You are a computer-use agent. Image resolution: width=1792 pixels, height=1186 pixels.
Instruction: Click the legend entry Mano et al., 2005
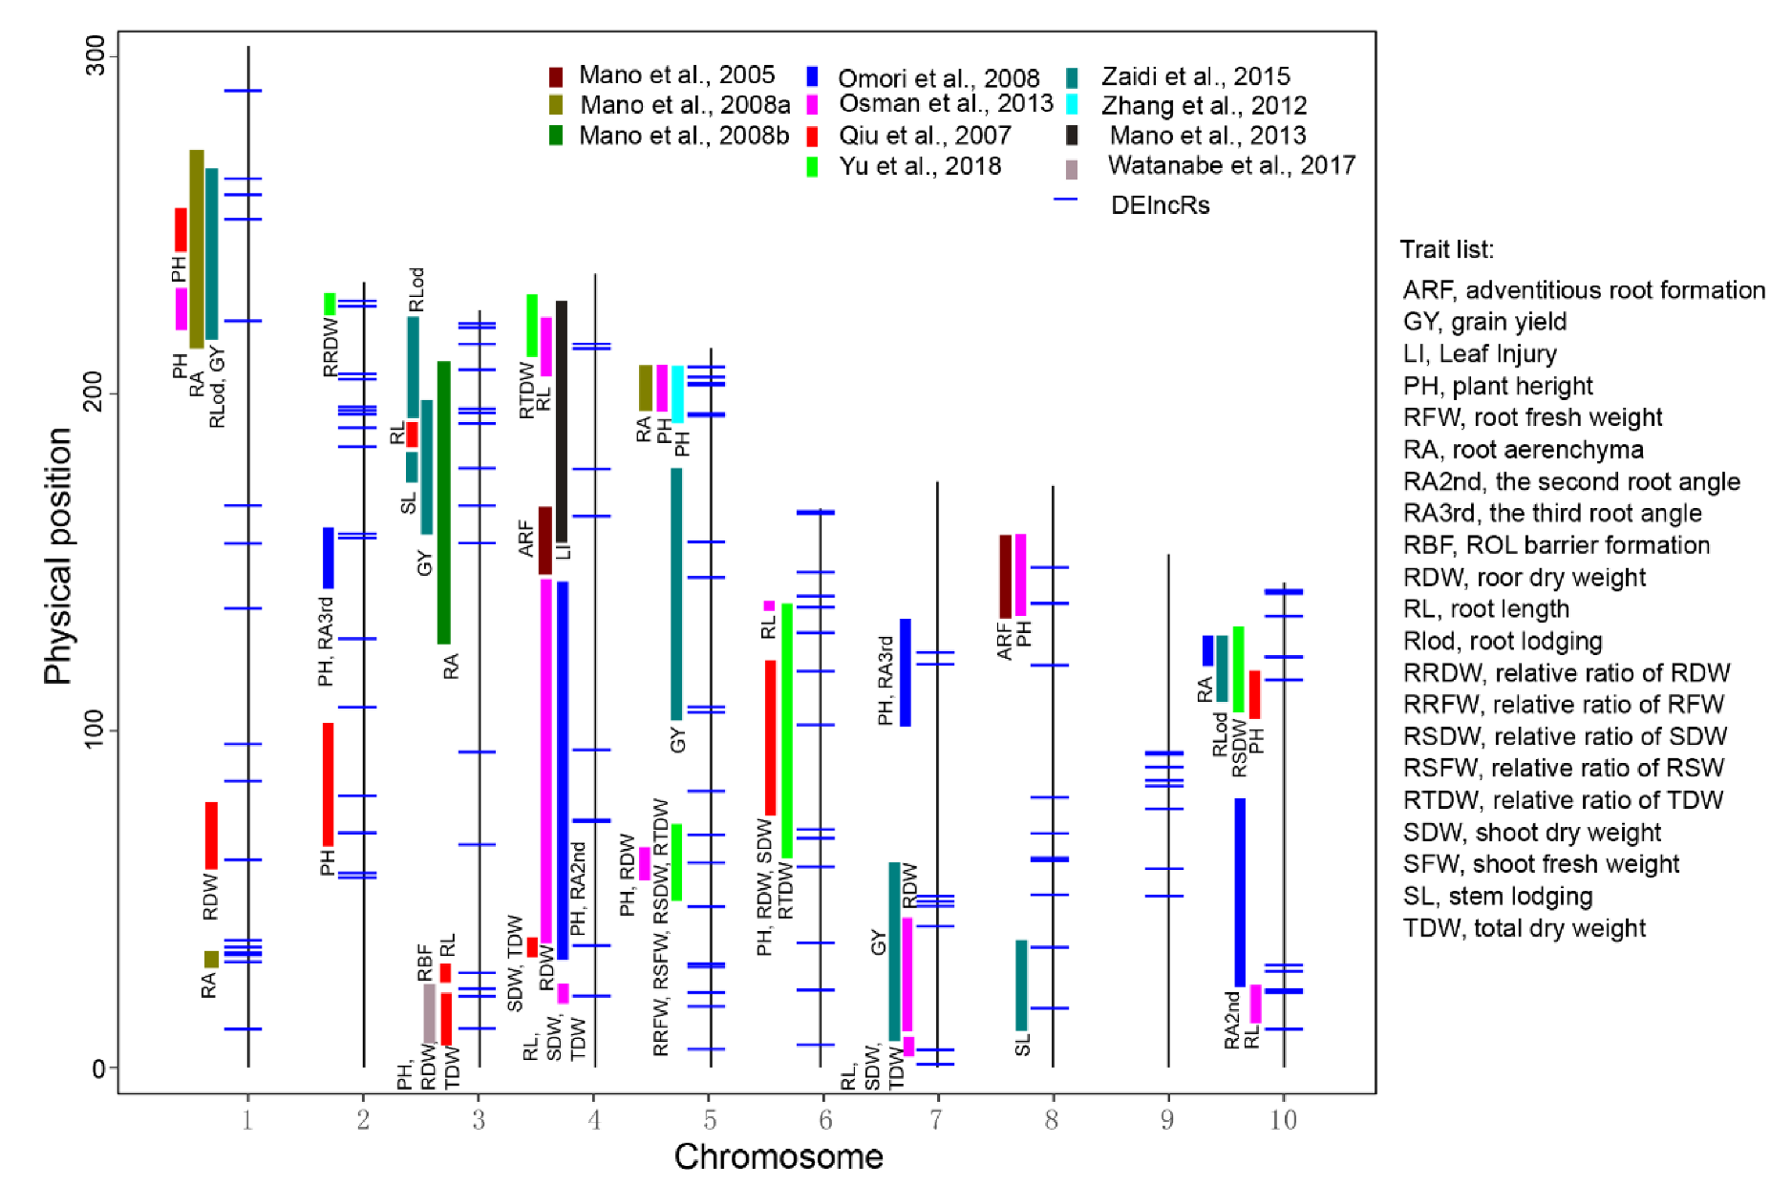click(x=675, y=75)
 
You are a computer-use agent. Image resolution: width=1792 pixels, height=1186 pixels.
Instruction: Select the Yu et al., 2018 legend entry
click(x=919, y=166)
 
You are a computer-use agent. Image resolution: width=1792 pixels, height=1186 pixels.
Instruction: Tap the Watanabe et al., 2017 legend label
click(x=1230, y=165)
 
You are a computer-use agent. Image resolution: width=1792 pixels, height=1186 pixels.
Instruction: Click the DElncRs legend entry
click(x=1160, y=205)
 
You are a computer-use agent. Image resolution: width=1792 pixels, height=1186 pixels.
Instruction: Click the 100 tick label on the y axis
click(x=96, y=731)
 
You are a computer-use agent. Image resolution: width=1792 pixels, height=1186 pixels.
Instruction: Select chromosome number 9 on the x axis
click(x=1167, y=1119)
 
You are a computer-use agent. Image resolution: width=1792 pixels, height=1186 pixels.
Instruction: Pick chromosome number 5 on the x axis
click(x=710, y=1119)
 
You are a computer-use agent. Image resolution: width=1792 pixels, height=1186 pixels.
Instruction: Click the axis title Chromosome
click(x=778, y=1156)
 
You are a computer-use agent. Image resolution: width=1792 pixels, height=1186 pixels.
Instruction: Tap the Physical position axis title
click(x=58, y=556)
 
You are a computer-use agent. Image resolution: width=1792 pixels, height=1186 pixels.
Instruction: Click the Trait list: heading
click(x=1446, y=250)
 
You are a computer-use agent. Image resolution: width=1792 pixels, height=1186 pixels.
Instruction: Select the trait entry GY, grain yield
click(x=1483, y=322)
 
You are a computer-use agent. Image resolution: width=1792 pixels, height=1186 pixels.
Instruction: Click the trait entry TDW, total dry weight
click(x=1524, y=928)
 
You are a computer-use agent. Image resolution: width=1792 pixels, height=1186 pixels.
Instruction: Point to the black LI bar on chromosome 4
click(x=562, y=421)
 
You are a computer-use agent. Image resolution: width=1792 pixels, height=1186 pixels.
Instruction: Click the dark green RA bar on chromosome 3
click(x=443, y=502)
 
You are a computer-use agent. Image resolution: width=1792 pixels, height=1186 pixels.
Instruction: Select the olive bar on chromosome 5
click(x=646, y=388)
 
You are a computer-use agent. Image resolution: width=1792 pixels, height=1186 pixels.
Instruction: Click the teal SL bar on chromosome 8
click(x=1021, y=985)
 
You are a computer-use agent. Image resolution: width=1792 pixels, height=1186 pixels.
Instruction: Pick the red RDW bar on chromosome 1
click(x=211, y=835)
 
